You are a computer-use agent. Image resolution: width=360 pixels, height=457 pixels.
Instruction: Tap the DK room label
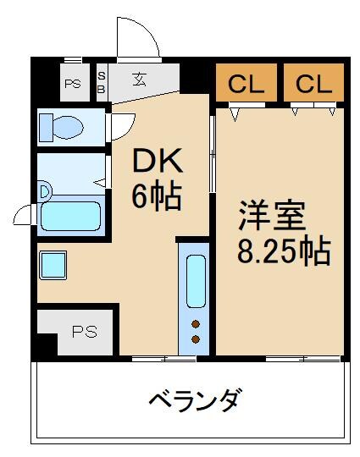154,161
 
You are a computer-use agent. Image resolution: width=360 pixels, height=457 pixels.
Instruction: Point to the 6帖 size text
154,196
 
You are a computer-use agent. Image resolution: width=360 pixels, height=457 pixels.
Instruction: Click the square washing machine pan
53,264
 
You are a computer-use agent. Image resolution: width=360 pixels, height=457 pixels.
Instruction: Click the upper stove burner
197,323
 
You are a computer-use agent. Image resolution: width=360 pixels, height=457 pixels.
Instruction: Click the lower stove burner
197,339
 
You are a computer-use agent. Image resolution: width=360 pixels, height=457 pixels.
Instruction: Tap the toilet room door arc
121,123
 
